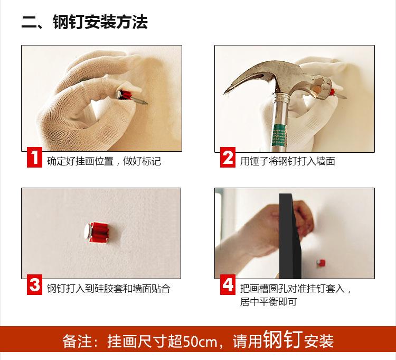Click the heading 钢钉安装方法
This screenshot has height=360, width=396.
click(x=100, y=22)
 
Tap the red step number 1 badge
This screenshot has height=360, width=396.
click(x=35, y=158)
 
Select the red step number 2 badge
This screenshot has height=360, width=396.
click(x=228, y=157)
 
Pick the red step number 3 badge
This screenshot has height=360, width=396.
click(x=35, y=284)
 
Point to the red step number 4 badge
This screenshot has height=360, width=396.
click(x=228, y=284)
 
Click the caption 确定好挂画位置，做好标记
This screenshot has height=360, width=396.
click(x=104, y=161)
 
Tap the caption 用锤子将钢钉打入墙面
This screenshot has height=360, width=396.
click(x=287, y=161)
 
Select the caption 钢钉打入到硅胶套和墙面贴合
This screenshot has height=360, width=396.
click(x=109, y=288)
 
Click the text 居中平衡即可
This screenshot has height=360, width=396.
click(x=268, y=302)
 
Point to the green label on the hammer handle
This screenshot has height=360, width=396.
click(x=279, y=135)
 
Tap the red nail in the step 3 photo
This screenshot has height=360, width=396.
click(x=98, y=233)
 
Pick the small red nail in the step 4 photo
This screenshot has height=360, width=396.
click(x=321, y=263)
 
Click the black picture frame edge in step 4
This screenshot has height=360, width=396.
click(x=290, y=236)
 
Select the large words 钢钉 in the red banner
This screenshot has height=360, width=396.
click(x=283, y=339)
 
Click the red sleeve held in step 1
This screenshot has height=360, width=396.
click(x=126, y=95)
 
